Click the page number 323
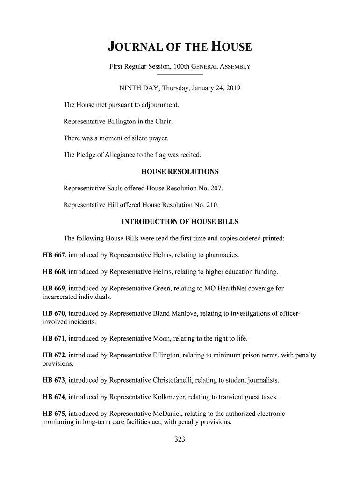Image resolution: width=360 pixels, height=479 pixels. [x=180, y=439]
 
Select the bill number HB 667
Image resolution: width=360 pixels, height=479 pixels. [x=54, y=255]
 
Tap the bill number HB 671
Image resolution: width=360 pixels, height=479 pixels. [x=54, y=338]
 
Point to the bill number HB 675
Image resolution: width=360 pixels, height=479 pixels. [x=54, y=414]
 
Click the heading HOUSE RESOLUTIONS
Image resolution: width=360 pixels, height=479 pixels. [x=180, y=172]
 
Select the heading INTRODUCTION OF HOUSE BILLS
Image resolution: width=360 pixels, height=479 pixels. [x=180, y=222]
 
